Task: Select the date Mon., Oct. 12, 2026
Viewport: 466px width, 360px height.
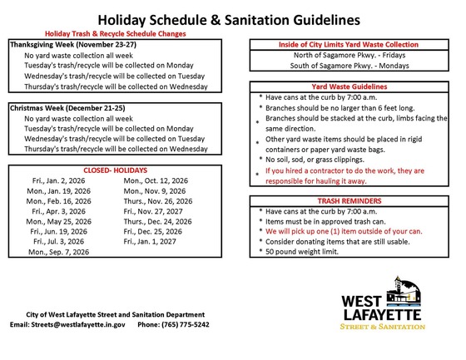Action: [x=156, y=180]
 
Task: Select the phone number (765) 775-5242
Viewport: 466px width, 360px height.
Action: [x=186, y=324]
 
